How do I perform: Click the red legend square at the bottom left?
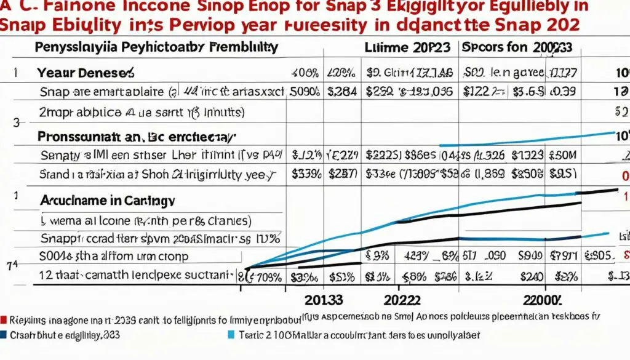tap(4, 321)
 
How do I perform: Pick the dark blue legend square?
tap(4, 335)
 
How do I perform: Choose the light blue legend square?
tap(231, 335)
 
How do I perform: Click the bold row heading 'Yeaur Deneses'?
tap(85, 73)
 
